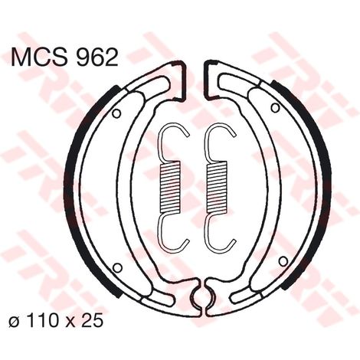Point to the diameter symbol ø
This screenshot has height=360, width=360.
pyautogui.click(x=15, y=321)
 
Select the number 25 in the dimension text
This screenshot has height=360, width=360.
pyautogui.click(x=93, y=321)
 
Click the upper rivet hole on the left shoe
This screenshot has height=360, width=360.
pyautogui.click(x=116, y=113)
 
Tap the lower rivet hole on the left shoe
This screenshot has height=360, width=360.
pyautogui.click(x=117, y=267)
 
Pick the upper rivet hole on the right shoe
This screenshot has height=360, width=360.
pyautogui.click(x=275, y=108)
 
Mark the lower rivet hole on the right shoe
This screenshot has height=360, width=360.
pyautogui.click(x=283, y=261)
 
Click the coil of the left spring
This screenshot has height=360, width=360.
pyautogui.click(x=169, y=187)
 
